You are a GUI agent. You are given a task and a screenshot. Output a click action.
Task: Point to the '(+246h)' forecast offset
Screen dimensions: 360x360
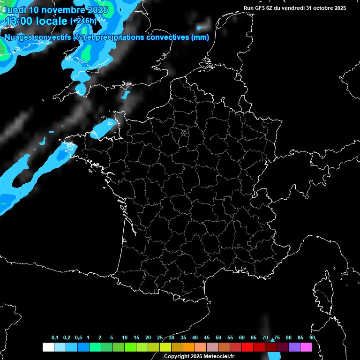click(83, 21)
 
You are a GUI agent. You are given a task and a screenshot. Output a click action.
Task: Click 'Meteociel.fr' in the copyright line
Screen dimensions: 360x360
click(217, 356)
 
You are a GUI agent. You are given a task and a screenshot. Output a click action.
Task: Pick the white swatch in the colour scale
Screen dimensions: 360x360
click(48, 347)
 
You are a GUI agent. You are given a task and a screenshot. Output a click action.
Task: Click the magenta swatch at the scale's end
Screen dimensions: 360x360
click(306, 347)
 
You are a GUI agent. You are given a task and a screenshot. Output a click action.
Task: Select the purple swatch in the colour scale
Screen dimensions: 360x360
click(294, 347)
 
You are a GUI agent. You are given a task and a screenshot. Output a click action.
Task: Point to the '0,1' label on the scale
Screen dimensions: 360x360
click(55, 337)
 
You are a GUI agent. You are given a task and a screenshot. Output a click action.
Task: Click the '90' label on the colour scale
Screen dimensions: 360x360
click(312, 337)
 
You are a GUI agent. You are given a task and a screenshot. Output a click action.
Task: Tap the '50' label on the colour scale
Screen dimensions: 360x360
click(218, 337)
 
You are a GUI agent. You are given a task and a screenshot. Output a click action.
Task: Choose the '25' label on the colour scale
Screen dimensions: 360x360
click(160, 337)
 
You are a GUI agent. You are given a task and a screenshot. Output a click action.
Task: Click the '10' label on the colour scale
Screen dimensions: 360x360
click(125, 337)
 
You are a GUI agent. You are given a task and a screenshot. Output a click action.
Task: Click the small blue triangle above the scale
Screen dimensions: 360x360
click(272, 339)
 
